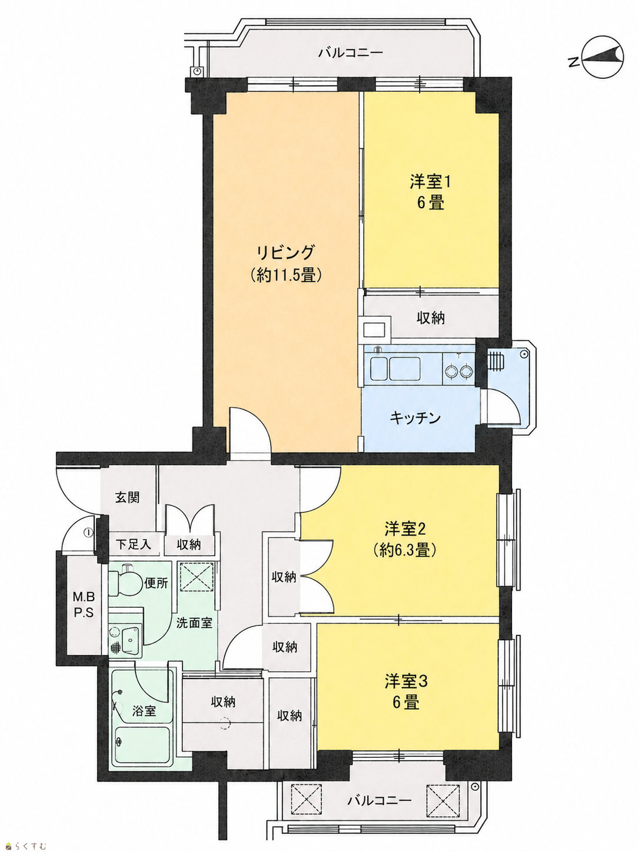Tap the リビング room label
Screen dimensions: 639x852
[x=286, y=253]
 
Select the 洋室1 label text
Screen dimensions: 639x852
[x=430, y=182]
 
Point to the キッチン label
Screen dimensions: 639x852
[x=415, y=418]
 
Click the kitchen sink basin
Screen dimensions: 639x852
[x=395, y=368]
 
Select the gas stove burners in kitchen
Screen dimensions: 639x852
[x=459, y=371]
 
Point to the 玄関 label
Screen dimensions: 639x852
[x=127, y=497]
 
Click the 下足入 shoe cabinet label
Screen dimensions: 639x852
[x=133, y=544]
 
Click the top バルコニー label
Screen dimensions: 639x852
[x=351, y=52]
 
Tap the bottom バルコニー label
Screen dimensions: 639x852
[x=380, y=800]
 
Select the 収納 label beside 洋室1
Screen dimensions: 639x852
[x=431, y=318]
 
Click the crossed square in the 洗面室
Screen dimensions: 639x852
[x=196, y=576]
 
